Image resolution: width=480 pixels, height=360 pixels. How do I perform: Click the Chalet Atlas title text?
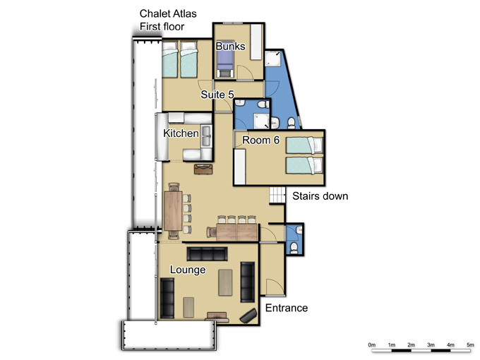168,13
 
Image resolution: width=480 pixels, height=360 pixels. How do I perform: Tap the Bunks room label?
231,46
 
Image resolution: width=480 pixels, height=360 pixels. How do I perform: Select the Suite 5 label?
217,95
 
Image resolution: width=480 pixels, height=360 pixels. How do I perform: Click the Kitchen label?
181,133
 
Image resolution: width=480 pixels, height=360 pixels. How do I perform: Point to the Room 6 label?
260,140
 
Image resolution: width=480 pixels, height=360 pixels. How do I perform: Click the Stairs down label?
320,196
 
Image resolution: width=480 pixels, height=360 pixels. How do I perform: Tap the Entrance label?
287,308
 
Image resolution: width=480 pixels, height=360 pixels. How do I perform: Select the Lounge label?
188,270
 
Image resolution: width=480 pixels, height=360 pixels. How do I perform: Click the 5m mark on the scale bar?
470,344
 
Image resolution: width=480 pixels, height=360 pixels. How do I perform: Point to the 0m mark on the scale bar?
371,344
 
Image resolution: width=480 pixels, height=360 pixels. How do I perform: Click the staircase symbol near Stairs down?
277,195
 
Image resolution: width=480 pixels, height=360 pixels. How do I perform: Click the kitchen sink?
206,136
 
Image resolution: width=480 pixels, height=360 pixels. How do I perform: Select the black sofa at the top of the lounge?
208,254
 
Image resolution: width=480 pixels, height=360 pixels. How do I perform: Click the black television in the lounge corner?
248,316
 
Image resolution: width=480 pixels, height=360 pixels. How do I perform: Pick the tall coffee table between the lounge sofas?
225,282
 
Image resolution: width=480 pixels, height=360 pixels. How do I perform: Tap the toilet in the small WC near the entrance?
294,247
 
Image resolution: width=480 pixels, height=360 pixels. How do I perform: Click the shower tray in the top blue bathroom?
272,59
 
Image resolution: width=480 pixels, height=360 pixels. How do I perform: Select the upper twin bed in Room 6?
304,145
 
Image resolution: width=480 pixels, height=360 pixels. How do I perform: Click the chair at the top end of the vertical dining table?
174,187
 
